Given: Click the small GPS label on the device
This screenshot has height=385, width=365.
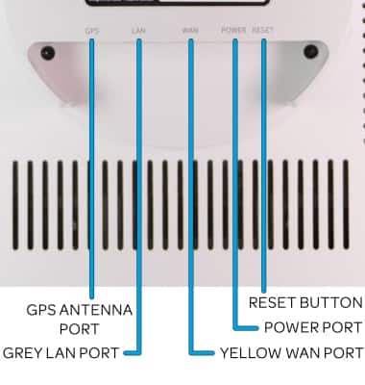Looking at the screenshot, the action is pos(92,31).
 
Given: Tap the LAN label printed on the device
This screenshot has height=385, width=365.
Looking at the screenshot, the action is pos(138,31).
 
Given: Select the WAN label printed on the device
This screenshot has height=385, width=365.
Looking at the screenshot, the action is pos(190,31).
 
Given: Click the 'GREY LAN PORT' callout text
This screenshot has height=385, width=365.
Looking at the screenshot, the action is pos(61,353).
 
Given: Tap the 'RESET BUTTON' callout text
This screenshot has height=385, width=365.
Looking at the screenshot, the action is pos(304,302).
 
